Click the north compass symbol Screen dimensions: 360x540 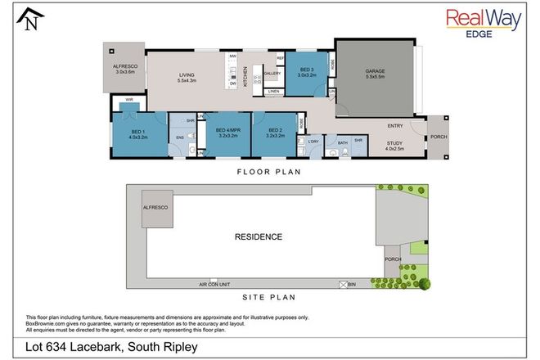pyautogui.click(x=31, y=19)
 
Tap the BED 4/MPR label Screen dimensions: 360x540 pyautogui.click(x=227, y=132)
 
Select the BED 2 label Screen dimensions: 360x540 pyautogui.click(x=273, y=132)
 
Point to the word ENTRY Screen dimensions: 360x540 pyautogui.click(x=394, y=125)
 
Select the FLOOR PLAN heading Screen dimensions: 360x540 pyautogui.click(x=269, y=172)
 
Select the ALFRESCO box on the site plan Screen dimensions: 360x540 pyautogui.click(x=155, y=209)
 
